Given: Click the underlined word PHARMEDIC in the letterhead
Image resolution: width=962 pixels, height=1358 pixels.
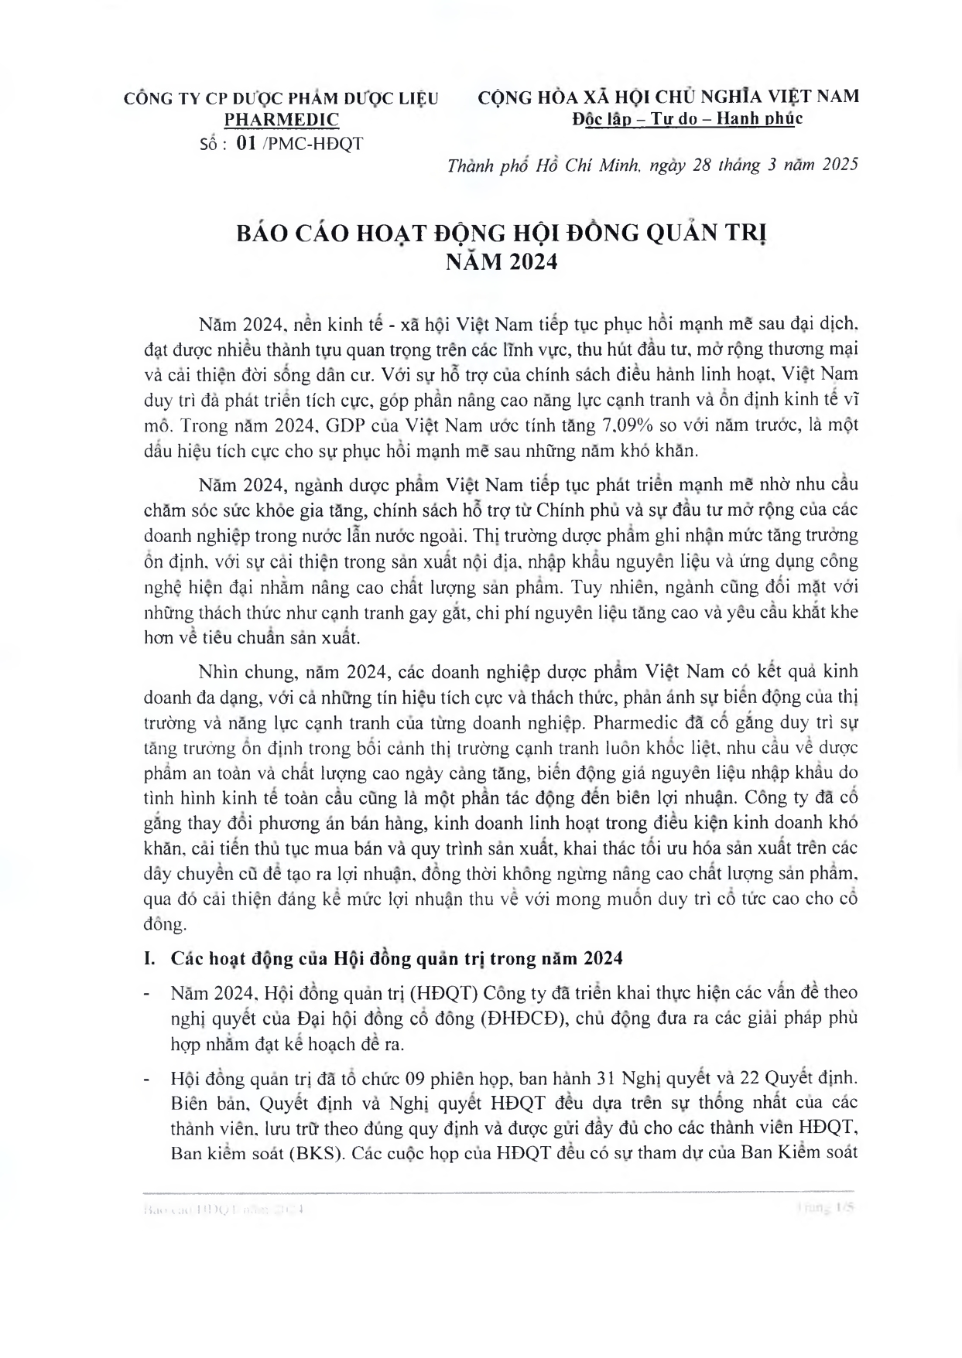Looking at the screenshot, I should [x=282, y=120].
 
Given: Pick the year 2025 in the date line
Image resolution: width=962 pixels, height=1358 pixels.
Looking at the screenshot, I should [x=837, y=165].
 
